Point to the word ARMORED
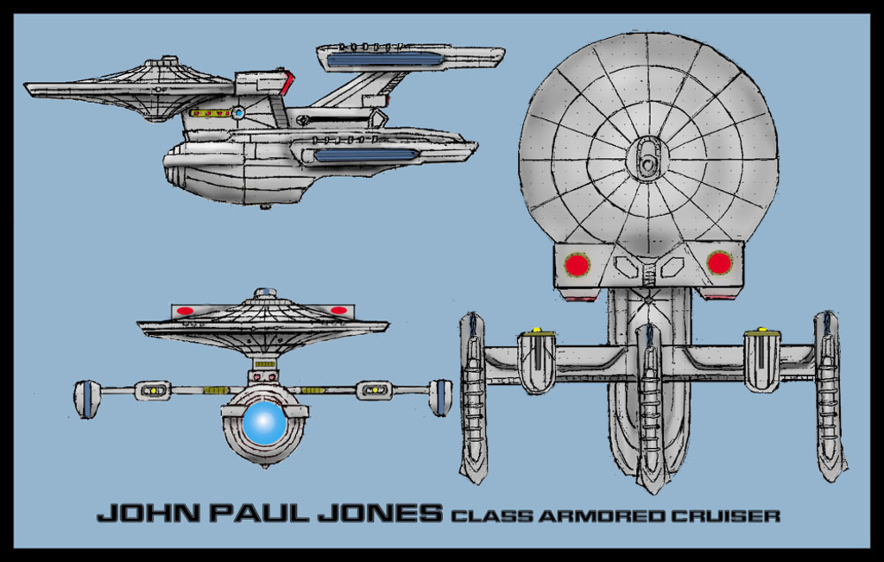coord(601,516)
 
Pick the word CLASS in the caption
coord(493,516)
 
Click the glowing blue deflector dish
coord(264,424)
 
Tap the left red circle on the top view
coord(577,263)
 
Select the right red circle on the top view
coord(719,262)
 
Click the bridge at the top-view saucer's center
coord(647,159)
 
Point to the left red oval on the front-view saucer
coord(185,311)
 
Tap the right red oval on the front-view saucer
coord(338,310)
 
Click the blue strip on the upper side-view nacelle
coord(385,59)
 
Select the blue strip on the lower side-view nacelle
coord(366,155)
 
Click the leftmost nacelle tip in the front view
coord(86,399)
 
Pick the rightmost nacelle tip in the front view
coord(440,397)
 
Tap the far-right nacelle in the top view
coord(830,397)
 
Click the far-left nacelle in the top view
coord(473,397)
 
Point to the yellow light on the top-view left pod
coord(536,331)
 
